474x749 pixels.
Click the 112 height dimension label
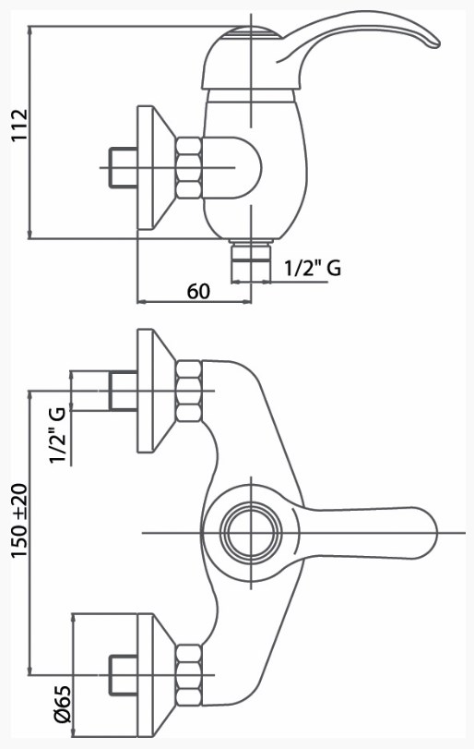pyautogui.click(x=20, y=126)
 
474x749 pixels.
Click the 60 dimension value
pyautogui.click(x=198, y=290)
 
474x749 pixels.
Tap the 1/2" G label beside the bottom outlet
pyautogui.click(x=313, y=268)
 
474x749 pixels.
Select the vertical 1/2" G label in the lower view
pyautogui.click(x=57, y=435)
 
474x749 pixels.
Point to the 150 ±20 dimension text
pyautogui.click(x=20, y=522)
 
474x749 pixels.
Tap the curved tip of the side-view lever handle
pyautogui.click(x=432, y=41)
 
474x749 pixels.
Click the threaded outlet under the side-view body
pyautogui.click(x=250, y=261)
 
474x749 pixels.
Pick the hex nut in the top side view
pyautogui.click(x=188, y=168)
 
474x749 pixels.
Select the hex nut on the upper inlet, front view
pyautogui.click(x=188, y=392)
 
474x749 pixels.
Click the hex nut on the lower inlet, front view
pyautogui.click(x=188, y=674)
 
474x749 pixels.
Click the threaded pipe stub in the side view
pyautogui.click(x=123, y=168)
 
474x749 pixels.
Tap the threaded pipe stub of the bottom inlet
pyautogui.click(x=123, y=674)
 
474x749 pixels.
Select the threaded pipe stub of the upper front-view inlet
pyautogui.click(x=123, y=391)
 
